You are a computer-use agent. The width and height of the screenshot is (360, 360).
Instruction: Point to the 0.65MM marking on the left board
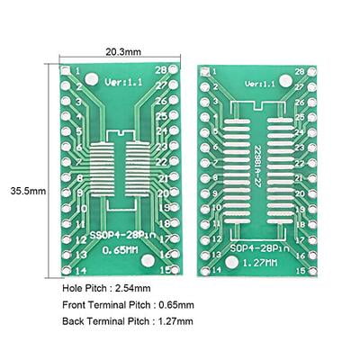click(x=120, y=249)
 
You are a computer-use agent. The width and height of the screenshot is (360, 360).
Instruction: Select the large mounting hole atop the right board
click(x=285, y=82)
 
